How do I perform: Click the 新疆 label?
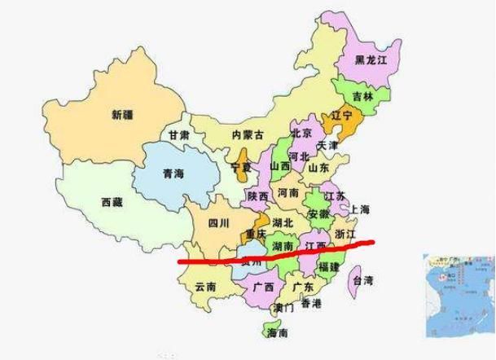click(x=122, y=115)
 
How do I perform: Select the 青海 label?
click(x=173, y=173)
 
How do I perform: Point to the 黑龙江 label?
click(x=371, y=60)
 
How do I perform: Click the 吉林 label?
click(x=363, y=96)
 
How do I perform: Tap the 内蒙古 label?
click(x=248, y=135)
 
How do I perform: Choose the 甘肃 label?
click(x=179, y=135)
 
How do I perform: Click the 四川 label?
click(x=218, y=222)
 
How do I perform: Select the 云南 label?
click(x=206, y=287)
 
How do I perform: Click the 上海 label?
click(x=359, y=210)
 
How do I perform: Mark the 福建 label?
click(x=329, y=267)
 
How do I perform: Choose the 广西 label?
click(x=262, y=288)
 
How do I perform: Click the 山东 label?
click(x=318, y=168)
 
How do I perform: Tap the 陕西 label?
click(x=258, y=196)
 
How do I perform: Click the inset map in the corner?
click(x=459, y=295)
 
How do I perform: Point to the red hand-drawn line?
click(x=277, y=255)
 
